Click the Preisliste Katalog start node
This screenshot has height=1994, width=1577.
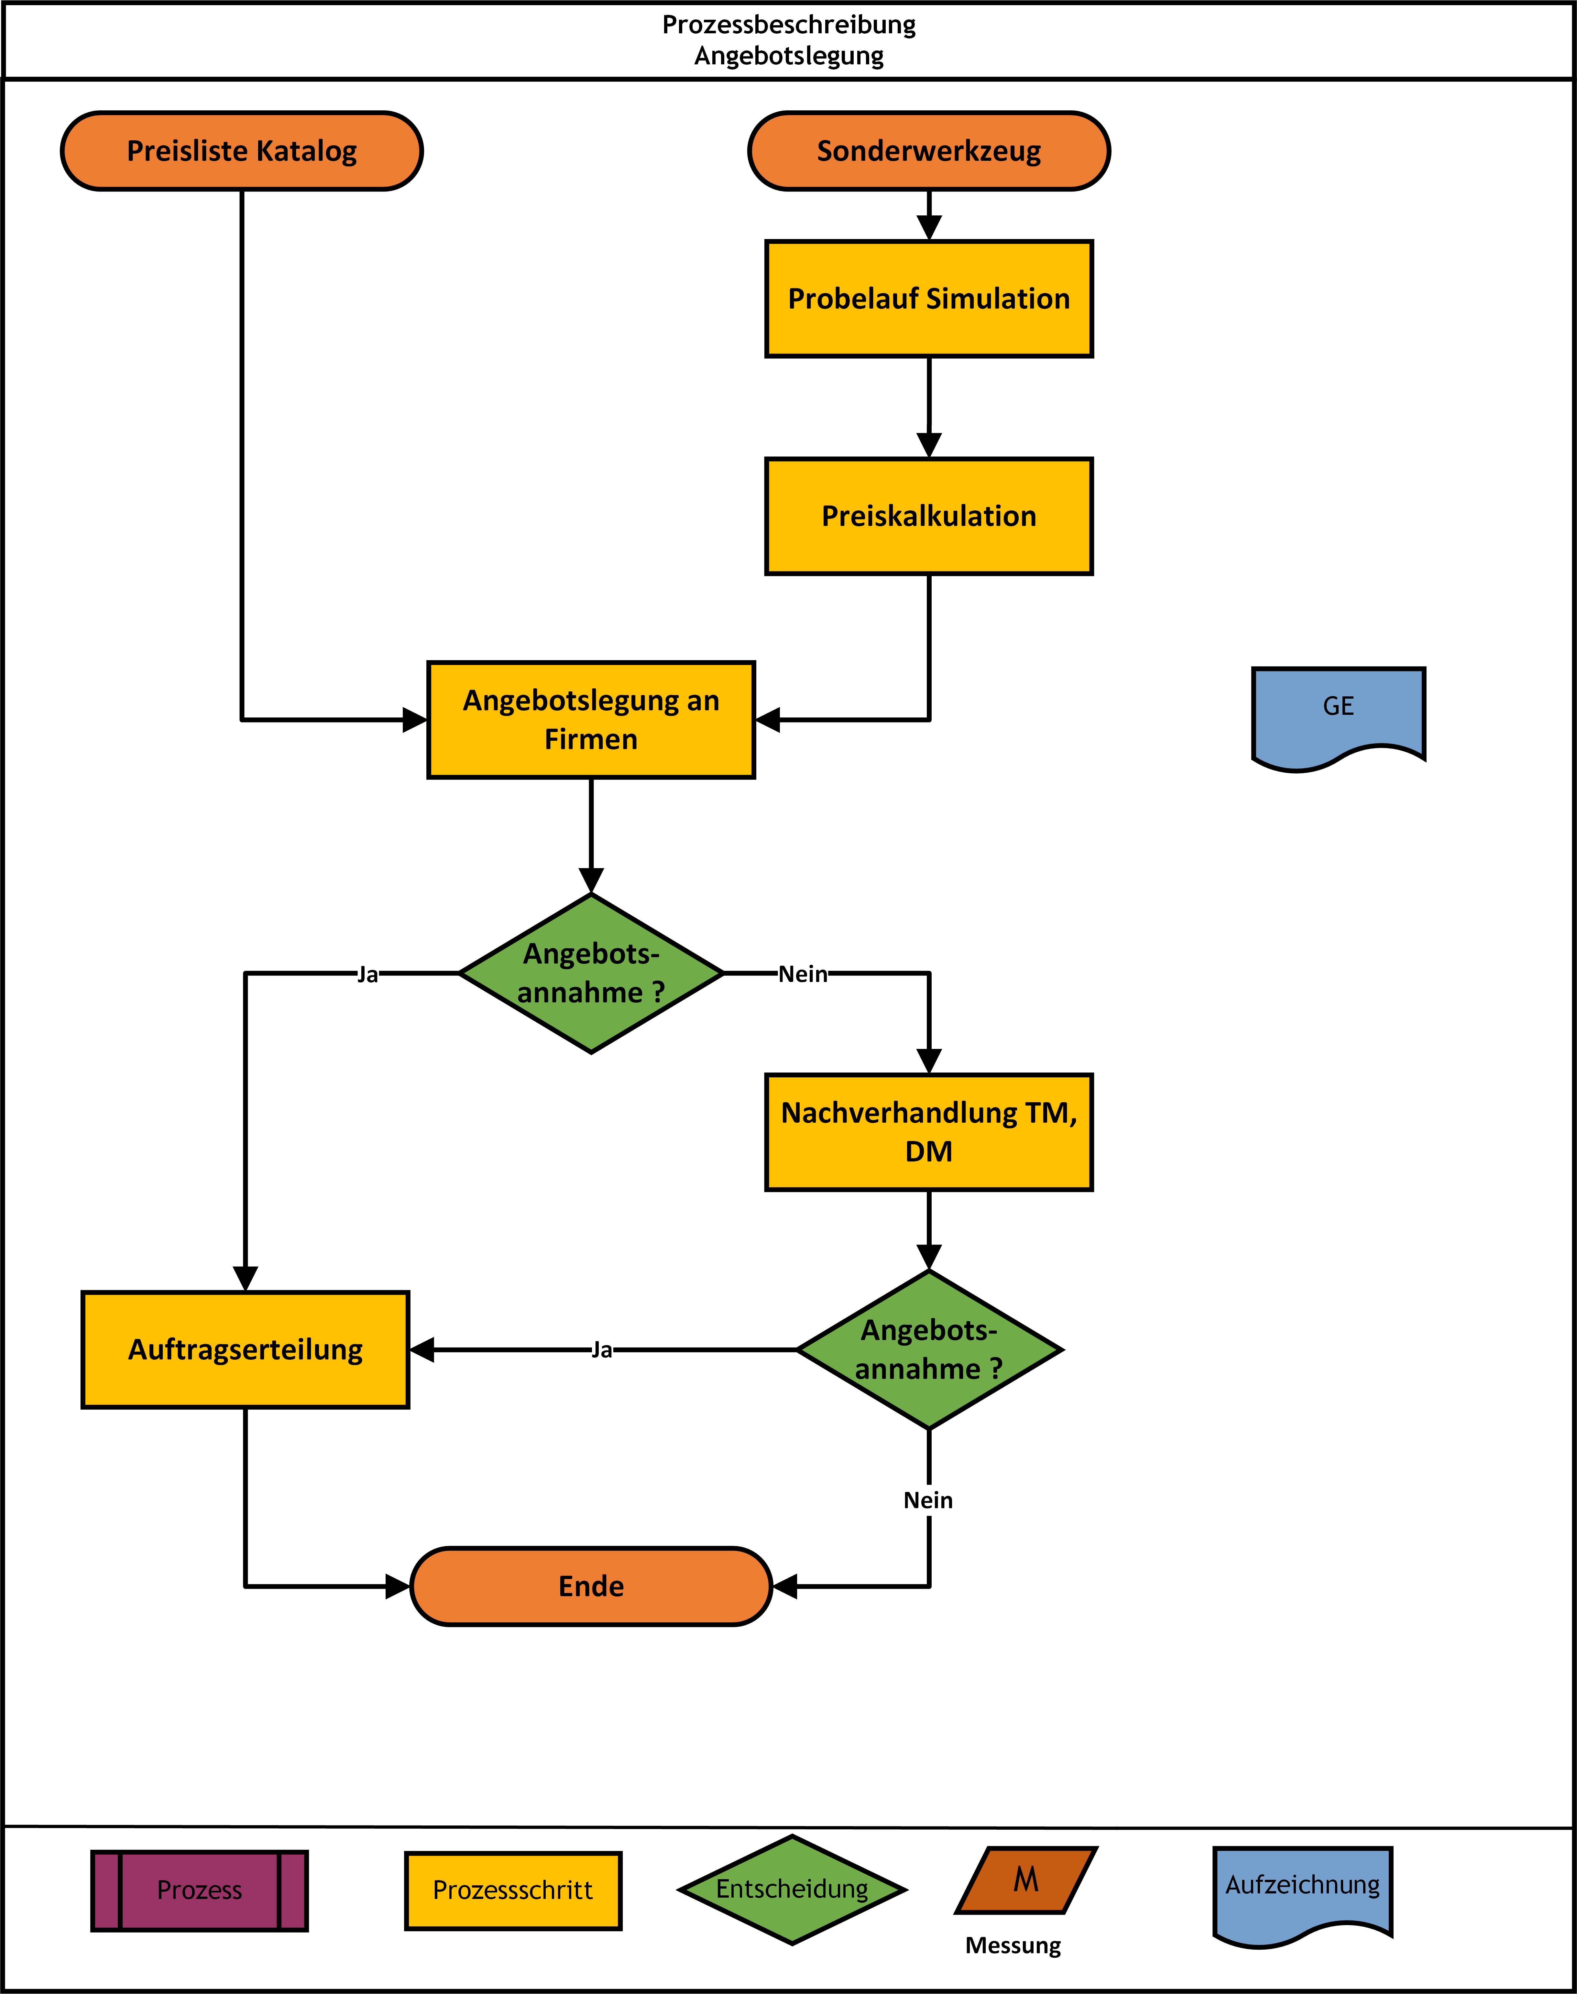tap(242, 150)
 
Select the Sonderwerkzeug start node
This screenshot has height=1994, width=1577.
tap(929, 150)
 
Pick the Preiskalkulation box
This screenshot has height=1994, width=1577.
tap(929, 516)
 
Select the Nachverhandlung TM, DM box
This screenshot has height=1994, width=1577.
tap(929, 1132)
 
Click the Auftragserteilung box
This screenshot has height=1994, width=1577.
tap(246, 1350)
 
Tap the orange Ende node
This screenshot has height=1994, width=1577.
tap(591, 1586)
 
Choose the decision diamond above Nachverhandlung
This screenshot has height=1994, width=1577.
tap(591, 973)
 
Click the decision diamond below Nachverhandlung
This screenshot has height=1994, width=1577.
tap(929, 1350)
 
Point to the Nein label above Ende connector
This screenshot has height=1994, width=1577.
tap(928, 1500)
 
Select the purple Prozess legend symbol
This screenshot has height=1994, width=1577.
tap(200, 1890)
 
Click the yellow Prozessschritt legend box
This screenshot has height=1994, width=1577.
tap(513, 1890)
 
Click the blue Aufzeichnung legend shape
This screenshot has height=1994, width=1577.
tap(1303, 1892)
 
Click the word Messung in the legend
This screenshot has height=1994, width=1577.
tap(1013, 1945)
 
